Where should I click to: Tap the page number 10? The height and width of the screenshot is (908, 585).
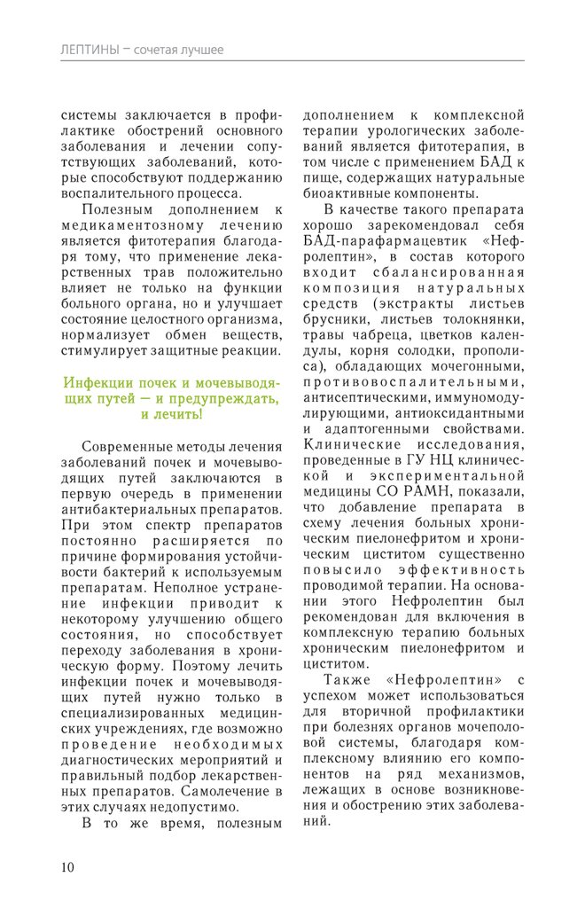coord(67,866)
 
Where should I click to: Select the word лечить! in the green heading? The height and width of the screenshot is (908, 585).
coord(177,414)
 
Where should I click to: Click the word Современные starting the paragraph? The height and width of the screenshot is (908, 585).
coord(130,446)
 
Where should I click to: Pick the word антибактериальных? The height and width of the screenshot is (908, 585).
coord(120,510)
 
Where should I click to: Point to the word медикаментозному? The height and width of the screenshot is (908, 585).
coord(129,226)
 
